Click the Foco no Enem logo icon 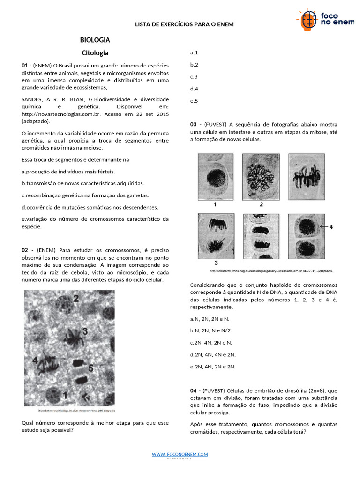(x=307, y=20)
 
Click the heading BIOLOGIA (x=95, y=40)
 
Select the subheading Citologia (x=95, y=53)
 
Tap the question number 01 (x=25, y=66)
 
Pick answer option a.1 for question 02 (x=194, y=52)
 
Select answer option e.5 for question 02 (x=194, y=101)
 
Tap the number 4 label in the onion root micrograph (x=35, y=360)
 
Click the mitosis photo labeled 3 (x=216, y=236)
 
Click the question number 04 (x=194, y=391)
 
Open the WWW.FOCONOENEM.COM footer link (x=180, y=455)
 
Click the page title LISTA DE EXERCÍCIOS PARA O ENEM (x=184, y=24)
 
